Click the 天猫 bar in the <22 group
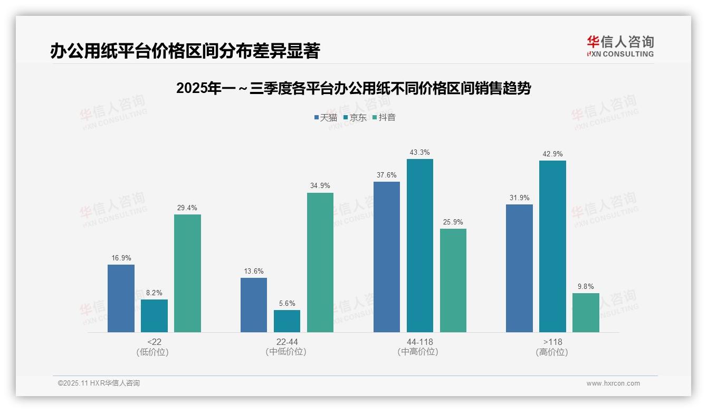[x=121, y=298]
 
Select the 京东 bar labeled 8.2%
[x=154, y=316]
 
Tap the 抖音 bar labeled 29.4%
[x=187, y=273]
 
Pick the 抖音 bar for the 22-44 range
[x=320, y=263]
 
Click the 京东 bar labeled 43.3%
[x=420, y=246]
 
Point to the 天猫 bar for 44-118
[x=387, y=257]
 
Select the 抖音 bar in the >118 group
[x=586, y=313]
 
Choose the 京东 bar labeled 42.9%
[x=552, y=246]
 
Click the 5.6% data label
[x=287, y=304]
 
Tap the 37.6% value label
[x=387, y=175]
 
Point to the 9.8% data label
[x=586, y=287]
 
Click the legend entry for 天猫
[x=326, y=118]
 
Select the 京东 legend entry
[x=355, y=118]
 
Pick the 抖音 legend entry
[x=384, y=118]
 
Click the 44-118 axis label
[x=420, y=342]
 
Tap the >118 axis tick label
[x=552, y=342]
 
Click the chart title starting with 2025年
[x=353, y=88]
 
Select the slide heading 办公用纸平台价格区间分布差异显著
[x=185, y=51]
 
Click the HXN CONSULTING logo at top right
[x=620, y=46]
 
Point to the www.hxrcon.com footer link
[x=613, y=383]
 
